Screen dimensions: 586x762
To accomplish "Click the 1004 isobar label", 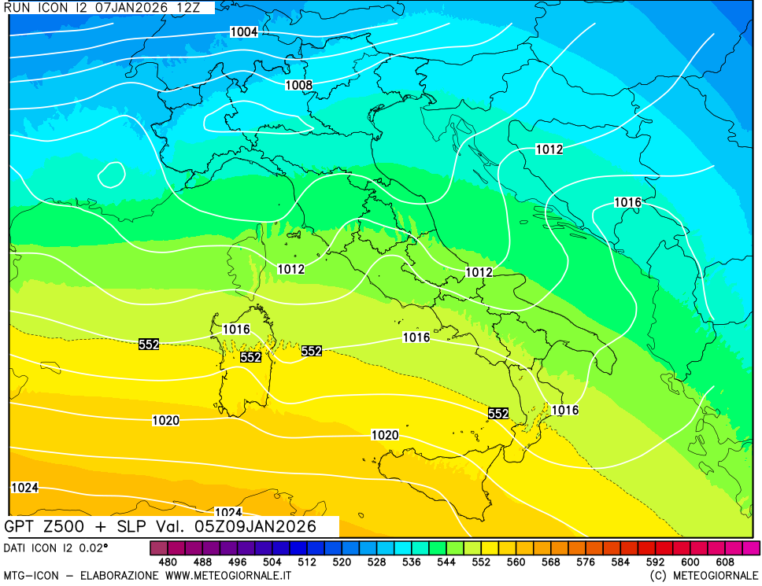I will point(243,32).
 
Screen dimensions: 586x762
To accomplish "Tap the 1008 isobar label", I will point(298,85).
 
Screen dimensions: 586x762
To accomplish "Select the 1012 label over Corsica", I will point(290,269).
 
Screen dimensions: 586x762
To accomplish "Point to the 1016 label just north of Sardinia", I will point(235,330).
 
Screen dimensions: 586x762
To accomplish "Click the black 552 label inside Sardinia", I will point(250,357).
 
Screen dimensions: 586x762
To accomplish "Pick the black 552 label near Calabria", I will point(498,414).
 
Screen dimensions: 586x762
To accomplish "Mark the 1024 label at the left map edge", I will point(24,488).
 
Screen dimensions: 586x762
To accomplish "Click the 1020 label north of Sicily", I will point(384,435).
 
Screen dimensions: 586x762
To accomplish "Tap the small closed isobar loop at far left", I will point(111,175).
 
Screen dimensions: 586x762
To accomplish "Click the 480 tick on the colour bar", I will point(167,562).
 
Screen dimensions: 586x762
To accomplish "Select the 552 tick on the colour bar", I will point(481,562).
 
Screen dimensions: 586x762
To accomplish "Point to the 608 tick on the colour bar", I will point(725,562).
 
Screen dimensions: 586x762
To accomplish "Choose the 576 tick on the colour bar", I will point(586,562).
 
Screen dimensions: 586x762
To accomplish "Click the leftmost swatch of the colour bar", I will point(158,547).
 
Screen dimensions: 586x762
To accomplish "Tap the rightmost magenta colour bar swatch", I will point(751,547).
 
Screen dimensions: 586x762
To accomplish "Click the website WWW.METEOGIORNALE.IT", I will point(228,576).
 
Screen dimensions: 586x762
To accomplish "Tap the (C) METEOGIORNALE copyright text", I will point(705,576).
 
